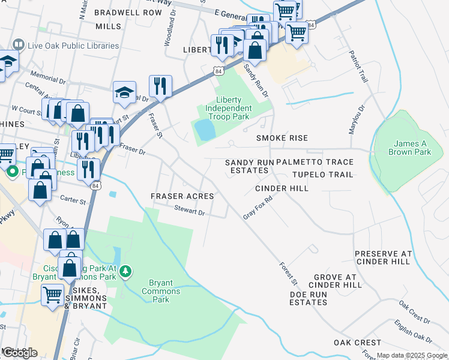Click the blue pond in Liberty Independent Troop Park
(x=205, y=130)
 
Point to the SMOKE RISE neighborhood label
(x=282, y=138)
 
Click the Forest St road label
(x=288, y=272)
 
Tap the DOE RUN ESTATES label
(x=308, y=298)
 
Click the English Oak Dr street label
(x=414, y=333)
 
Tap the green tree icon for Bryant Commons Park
(x=125, y=272)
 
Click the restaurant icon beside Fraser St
(x=160, y=85)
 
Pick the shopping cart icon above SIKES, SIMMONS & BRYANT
(x=52, y=295)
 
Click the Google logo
(x=19, y=353)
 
